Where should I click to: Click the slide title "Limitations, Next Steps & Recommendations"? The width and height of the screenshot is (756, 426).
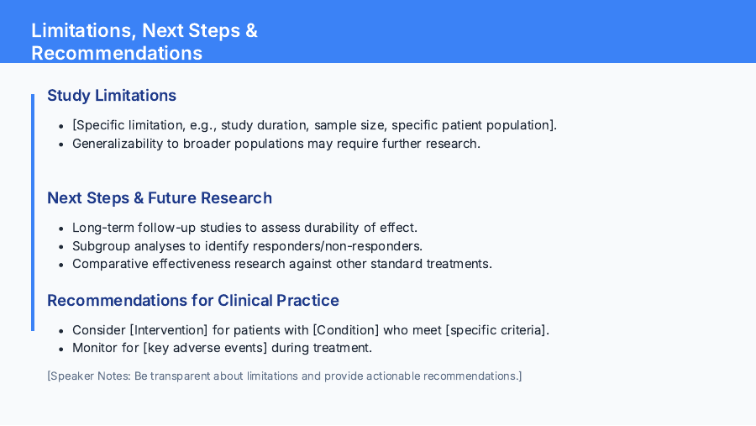click(144, 42)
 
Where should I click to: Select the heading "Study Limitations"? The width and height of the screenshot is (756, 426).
click(112, 95)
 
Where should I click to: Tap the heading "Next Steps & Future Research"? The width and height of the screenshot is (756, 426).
click(160, 197)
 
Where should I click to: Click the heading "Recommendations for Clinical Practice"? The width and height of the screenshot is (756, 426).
click(193, 300)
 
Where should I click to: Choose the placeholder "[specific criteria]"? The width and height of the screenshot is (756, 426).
click(496, 330)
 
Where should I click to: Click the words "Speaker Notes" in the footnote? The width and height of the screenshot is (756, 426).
click(87, 376)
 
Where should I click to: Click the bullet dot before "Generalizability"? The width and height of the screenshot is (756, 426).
click(60, 144)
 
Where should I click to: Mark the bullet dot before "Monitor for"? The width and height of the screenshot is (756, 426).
click(60, 348)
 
